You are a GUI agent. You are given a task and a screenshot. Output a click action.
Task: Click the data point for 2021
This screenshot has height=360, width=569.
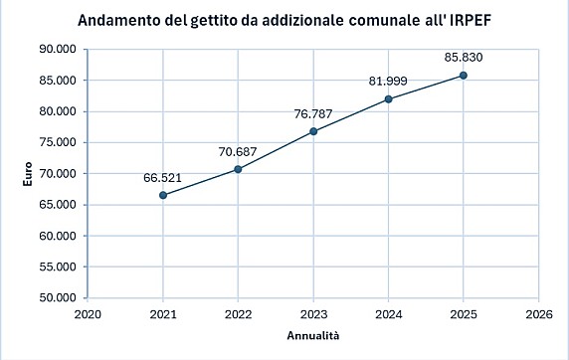coord(163,195)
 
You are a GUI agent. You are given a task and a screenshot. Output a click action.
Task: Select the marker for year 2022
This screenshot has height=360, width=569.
coord(238,169)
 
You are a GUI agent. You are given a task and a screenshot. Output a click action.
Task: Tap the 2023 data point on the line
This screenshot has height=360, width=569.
coord(313,131)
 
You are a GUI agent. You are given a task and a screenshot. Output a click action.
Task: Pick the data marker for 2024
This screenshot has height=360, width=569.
coord(388,98)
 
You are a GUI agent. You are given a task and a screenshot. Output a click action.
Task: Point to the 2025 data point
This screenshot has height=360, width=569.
coord(464,76)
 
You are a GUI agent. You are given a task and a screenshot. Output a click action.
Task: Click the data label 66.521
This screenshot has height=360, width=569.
coord(162,177)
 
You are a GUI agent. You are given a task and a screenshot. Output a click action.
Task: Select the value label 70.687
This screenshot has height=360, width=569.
coord(238,151)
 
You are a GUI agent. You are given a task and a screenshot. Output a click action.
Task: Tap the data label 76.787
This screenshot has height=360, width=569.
coord(312,112)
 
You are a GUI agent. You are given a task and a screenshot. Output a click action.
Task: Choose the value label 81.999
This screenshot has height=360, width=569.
coord(388,81)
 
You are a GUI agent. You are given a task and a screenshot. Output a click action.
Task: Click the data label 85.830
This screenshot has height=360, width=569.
coord(463,58)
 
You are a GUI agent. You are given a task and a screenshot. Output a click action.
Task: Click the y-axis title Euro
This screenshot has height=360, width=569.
coord(29,173)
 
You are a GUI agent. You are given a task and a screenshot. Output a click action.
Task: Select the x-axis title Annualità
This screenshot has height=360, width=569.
coord(313,335)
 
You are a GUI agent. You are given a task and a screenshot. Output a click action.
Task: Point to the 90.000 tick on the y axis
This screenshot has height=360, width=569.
coord(59,49)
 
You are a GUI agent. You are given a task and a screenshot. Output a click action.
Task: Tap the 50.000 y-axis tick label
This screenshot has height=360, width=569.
coord(59,297)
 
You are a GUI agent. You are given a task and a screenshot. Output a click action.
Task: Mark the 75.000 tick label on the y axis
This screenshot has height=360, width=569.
coord(59,142)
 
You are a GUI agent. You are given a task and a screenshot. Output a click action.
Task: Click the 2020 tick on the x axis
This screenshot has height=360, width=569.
coord(88,313)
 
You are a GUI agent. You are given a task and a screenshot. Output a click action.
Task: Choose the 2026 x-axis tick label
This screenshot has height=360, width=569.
coord(538,313)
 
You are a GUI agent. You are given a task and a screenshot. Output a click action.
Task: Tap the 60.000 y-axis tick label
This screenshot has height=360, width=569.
coord(59,236)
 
